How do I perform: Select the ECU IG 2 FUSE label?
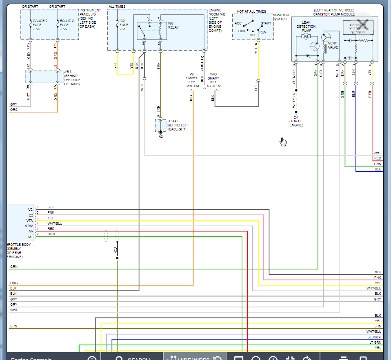67,24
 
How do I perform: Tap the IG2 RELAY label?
173,25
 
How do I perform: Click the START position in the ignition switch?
266,23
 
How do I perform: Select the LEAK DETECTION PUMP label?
309,27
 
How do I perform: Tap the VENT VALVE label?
333,45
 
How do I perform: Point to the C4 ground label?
296,117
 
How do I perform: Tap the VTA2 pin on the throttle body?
29,225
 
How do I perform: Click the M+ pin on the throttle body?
30,237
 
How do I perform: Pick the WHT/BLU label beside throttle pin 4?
55,223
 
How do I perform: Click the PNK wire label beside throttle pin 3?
51,212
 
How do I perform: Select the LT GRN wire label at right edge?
375,342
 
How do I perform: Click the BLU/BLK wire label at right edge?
374,337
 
